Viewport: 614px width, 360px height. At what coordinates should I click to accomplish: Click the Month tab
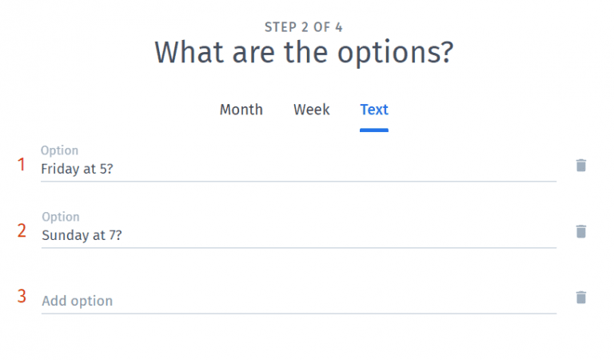pos(241,110)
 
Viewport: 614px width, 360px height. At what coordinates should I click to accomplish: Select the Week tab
pos(311,110)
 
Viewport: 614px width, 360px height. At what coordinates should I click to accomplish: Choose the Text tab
pos(374,110)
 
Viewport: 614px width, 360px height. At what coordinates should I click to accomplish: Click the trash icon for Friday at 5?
pos(581,166)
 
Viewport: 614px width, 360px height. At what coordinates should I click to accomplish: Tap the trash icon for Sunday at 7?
pos(581,231)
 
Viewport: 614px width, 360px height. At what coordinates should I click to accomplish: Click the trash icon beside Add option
pos(581,298)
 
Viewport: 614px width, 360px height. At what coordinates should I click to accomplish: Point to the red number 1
pos(22,165)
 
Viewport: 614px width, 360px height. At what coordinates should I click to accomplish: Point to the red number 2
pos(22,231)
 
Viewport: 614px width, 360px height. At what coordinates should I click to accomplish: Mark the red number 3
pos(22,297)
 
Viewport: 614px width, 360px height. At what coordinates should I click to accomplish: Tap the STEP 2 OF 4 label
pos(303,27)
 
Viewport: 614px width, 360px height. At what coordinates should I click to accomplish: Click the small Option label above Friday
pos(60,150)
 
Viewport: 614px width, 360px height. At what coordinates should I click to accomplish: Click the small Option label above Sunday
pos(60,217)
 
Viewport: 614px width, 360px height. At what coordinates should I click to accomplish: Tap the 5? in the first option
pos(106,169)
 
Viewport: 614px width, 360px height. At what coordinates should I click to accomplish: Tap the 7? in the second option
pos(114,235)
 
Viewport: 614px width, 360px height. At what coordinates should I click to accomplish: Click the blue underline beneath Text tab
pos(374,130)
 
